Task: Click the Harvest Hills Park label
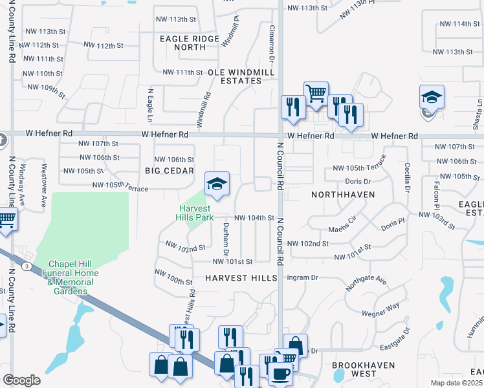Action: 195,213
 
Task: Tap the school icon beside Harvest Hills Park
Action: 217,184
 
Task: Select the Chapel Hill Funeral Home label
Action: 75,277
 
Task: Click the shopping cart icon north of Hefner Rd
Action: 316,93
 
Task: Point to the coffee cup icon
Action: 280,373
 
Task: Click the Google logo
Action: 21,380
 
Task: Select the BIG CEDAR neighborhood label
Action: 170,171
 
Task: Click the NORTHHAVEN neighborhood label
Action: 340,194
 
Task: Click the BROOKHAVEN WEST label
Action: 354,369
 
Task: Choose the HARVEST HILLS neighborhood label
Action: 241,277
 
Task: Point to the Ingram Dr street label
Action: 303,277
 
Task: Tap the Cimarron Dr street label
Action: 272,45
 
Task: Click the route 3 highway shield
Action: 26,266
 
